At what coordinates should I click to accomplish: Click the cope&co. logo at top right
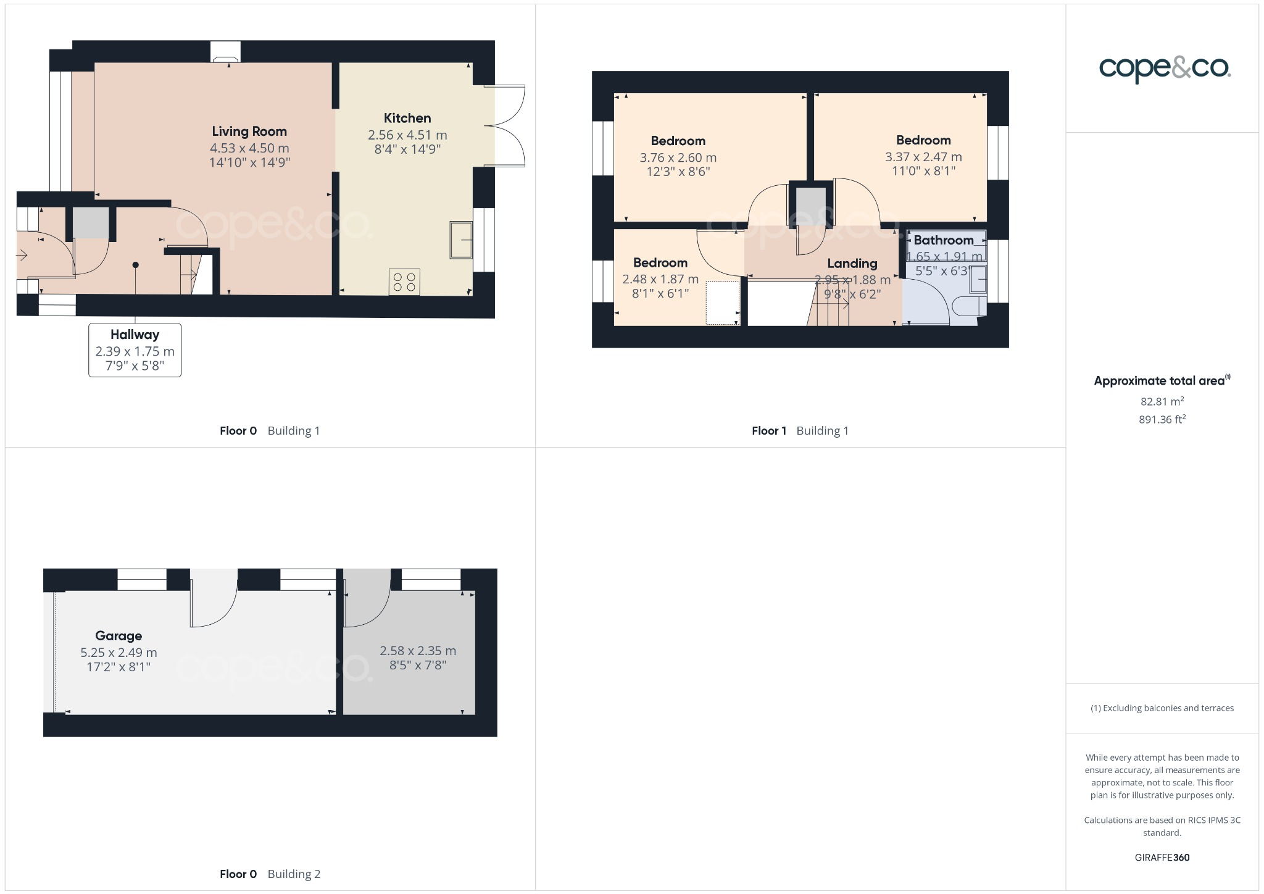tap(1165, 69)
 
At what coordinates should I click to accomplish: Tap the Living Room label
tap(249, 132)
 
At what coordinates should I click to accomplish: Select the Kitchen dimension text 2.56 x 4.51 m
tap(407, 135)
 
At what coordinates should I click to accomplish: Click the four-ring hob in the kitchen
tap(404, 282)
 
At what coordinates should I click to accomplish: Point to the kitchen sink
tap(461, 240)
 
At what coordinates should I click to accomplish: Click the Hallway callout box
tap(135, 350)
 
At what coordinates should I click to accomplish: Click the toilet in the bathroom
tap(965, 306)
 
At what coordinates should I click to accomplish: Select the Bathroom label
tap(943, 240)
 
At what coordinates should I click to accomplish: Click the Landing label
tap(852, 264)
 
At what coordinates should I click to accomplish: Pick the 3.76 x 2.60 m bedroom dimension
tap(678, 157)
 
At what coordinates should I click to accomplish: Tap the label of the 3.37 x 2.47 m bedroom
tap(923, 141)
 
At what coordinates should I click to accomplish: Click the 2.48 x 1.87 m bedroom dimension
tap(660, 279)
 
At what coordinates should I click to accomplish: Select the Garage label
tap(118, 636)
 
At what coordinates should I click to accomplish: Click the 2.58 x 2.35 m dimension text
tap(418, 651)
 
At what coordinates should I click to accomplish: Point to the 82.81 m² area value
tap(1162, 401)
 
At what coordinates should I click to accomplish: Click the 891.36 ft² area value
tap(1162, 420)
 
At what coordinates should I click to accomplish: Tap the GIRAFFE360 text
tap(1162, 857)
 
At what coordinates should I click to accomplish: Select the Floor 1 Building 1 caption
tap(800, 431)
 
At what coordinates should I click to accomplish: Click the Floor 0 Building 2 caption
tap(270, 874)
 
